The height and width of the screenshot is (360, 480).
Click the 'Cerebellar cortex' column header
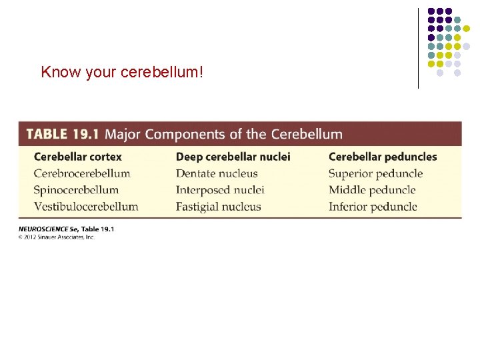tap(77, 157)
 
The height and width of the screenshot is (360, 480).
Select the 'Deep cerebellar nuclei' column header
tap(233, 157)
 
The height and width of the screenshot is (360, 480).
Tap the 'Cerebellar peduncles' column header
tap(383, 157)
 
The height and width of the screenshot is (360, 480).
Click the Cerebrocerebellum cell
tap(81, 173)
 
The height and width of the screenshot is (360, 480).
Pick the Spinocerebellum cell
tap(76, 190)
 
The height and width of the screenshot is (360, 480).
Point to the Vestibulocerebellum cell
tap(85, 207)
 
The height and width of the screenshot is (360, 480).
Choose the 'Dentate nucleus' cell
tap(217, 173)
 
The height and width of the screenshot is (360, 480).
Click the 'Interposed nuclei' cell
tap(220, 190)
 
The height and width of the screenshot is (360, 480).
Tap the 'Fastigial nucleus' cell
tap(219, 207)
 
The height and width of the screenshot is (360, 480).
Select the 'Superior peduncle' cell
tap(375, 173)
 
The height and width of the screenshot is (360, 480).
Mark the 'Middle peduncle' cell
tap(372, 190)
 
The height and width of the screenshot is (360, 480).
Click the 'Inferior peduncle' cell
tap(373, 207)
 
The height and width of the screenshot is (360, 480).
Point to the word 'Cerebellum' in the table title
tap(305, 134)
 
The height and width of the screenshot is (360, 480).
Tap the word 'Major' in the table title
tap(123, 134)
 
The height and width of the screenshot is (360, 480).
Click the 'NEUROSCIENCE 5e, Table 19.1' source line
tap(66, 229)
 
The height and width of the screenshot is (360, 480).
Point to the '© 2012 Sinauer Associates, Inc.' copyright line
tap(57, 237)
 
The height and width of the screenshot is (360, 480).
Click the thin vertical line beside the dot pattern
tap(418, 48)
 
